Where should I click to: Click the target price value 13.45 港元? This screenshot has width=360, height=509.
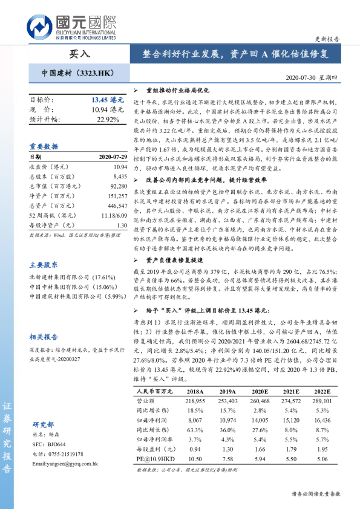(x=107, y=99)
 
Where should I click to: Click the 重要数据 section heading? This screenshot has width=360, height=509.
(x=44, y=147)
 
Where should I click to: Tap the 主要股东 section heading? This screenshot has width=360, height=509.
(x=44, y=265)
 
